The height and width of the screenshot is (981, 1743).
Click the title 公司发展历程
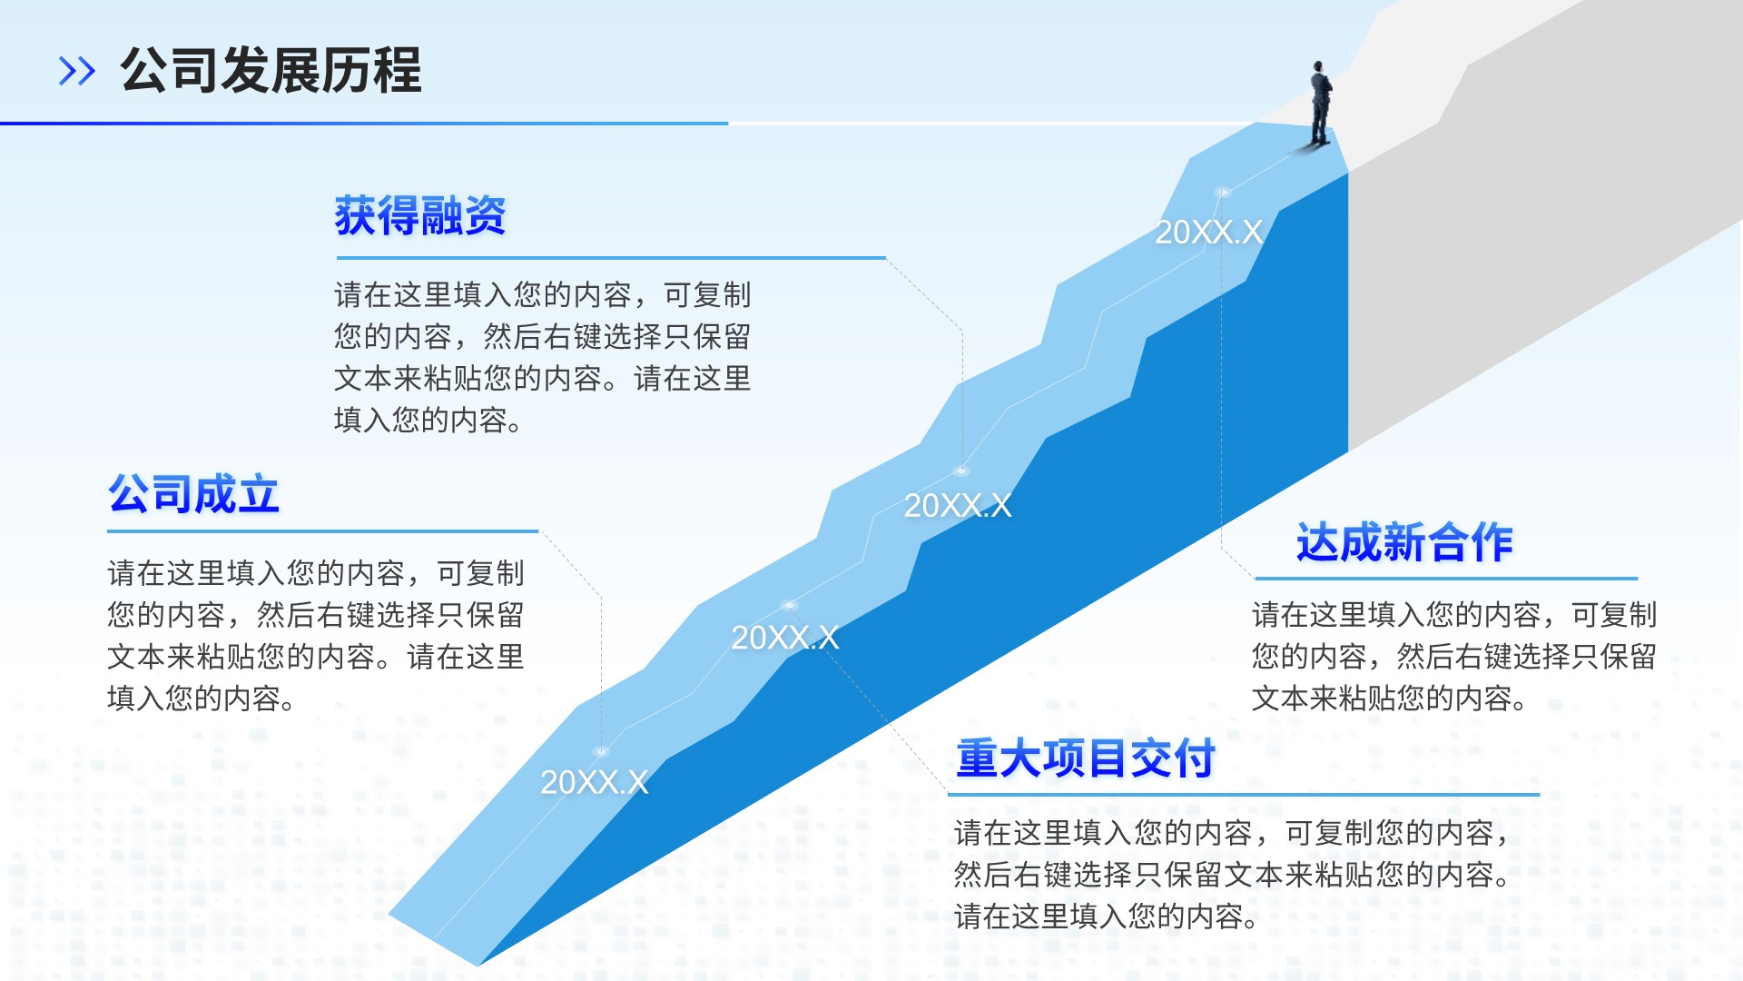tap(271, 71)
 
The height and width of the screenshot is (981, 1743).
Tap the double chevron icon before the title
tap(76, 71)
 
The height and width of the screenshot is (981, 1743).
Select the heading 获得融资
tap(420, 216)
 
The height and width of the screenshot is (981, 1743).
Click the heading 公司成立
tap(193, 494)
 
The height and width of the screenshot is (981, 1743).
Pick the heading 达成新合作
tap(1404, 543)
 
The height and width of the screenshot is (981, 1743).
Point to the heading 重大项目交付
tap(1086, 758)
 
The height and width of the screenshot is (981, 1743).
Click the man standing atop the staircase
tap(1320, 104)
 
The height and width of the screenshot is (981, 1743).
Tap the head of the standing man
tap(1317, 66)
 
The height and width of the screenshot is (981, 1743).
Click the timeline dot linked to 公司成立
tap(600, 751)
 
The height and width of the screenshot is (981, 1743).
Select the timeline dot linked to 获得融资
tap(961, 471)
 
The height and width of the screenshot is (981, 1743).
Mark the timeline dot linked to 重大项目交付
tap(789, 605)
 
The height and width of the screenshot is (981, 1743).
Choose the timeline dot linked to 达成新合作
tap(1222, 192)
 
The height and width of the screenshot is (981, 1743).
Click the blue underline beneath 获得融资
tap(610, 258)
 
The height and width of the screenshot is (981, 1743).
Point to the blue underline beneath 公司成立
tap(323, 531)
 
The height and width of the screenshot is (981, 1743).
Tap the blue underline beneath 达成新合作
tap(1446, 578)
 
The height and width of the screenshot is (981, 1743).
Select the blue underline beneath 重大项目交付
tap(1244, 795)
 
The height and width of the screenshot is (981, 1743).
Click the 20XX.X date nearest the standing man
tap(1208, 233)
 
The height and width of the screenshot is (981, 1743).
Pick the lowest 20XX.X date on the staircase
tap(595, 782)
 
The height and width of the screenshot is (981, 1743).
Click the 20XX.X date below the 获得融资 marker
tap(958, 506)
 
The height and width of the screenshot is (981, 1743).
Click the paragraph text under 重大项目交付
tap(1232, 875)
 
